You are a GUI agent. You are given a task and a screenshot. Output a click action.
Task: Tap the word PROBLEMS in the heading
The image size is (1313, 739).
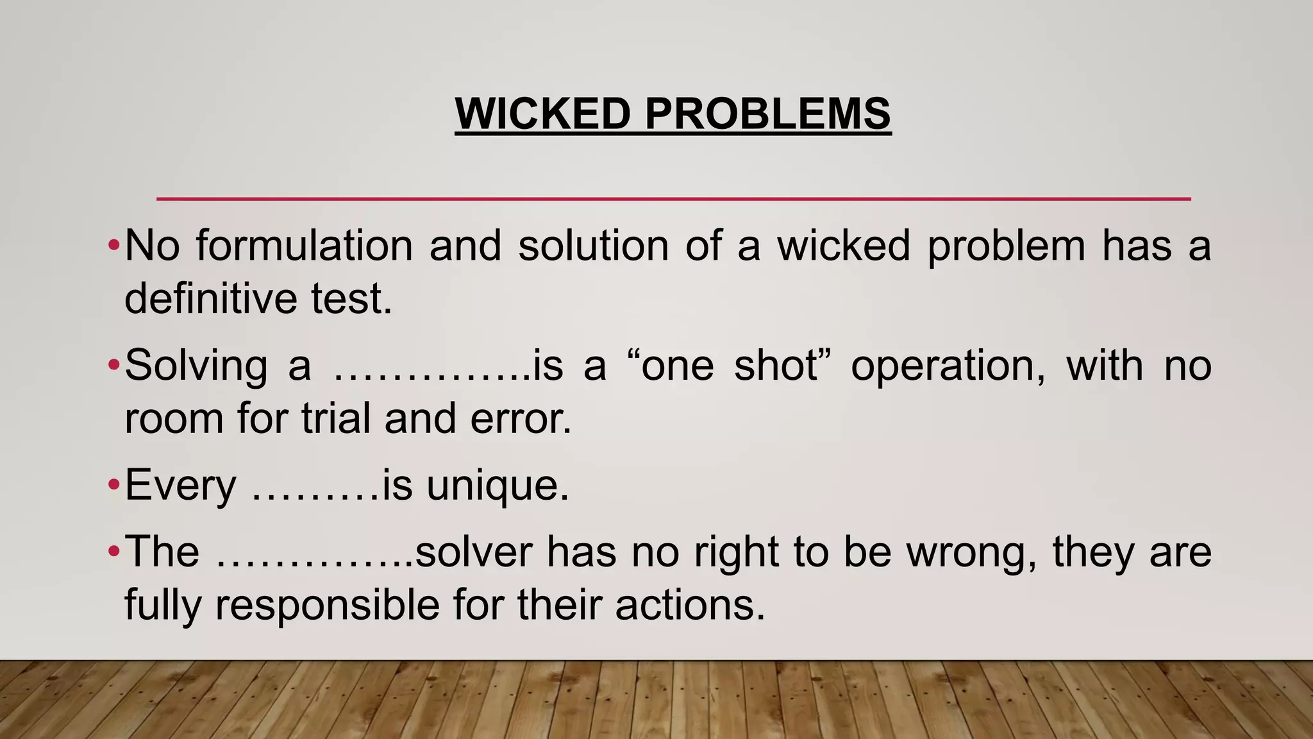(767, 114)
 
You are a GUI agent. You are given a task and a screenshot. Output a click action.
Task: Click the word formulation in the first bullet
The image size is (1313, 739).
(305, 246)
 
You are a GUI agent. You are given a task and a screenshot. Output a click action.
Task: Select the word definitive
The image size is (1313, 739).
(209, 299)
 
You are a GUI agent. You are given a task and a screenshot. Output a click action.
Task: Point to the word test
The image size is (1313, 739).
(351, 299)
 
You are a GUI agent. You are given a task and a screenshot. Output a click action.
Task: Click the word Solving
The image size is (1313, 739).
(196, 366)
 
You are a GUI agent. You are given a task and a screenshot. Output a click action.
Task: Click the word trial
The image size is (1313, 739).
(336, 418)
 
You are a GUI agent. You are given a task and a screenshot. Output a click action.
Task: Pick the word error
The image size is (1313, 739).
(521, 419)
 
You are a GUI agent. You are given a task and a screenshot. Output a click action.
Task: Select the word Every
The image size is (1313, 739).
(181, 486)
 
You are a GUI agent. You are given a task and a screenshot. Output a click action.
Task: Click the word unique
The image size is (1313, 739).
(498, 486)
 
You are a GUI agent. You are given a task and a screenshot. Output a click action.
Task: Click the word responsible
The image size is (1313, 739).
(327, 605)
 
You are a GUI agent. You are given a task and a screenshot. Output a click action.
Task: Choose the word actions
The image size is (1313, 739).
(690, 605)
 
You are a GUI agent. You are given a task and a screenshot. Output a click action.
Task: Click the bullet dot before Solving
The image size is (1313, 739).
(113, 366)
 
